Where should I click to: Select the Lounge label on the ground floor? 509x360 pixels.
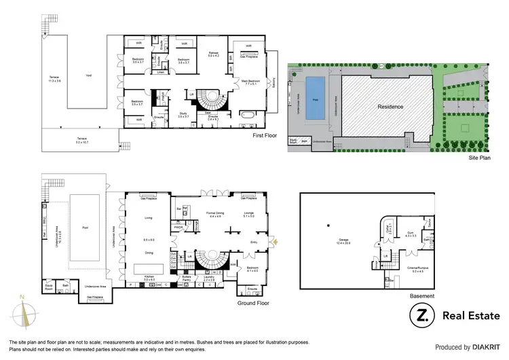click(248, 214)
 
